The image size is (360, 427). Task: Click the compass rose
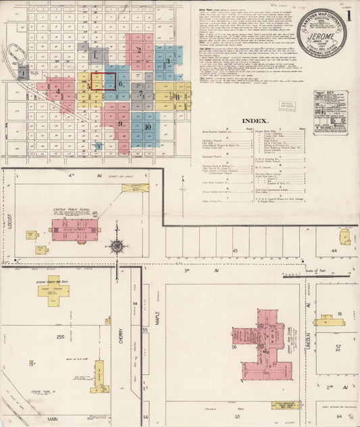(x=117, y=247)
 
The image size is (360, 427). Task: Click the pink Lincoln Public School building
(x=75, y=230)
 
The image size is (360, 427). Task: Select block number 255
(x=60, y=336)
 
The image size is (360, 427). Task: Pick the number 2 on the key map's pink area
(x=139, y=49)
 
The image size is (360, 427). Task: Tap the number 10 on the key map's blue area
(x=147, y=127)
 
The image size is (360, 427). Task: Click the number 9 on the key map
(x=120, y=124)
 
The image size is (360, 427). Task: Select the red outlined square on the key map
(x=103, y=82)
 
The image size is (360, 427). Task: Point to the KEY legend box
(x=330, y=112)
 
